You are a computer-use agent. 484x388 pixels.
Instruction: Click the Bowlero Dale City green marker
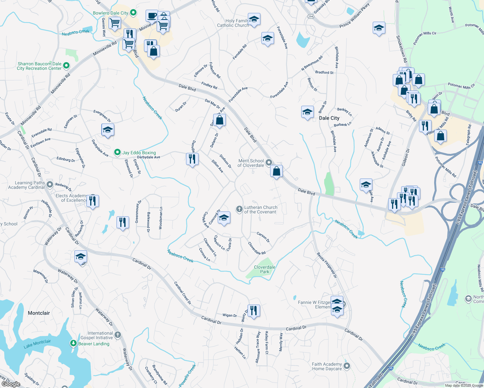(x=133, y=13)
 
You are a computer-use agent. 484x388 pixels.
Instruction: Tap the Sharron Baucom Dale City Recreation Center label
(x=39, y=66)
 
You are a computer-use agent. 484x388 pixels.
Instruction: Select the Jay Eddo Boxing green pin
(x=117, y=152)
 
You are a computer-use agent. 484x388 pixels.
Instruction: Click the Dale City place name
(x=329, y=118)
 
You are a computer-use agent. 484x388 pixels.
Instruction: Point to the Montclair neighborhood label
(x=39, y=313)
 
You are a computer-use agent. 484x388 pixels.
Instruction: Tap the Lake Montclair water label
(x=37, y=344)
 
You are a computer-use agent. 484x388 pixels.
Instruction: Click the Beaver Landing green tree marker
(x=73, y=343)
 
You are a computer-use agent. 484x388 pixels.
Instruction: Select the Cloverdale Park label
(x=265, y=269)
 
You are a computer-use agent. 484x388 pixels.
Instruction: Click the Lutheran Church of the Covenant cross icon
(x=239, y=209)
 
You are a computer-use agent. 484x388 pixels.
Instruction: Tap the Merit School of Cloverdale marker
(x=269, y=162)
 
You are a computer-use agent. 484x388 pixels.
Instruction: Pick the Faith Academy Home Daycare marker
(x=347, y=366)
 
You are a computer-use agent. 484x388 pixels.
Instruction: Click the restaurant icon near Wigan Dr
(x=254, y=310)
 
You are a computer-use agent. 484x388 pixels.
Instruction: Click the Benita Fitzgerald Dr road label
(x=327, y=265)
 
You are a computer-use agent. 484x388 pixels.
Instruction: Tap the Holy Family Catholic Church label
(x=233, y=23)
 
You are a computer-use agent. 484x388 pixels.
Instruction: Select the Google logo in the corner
(x=11, y=384)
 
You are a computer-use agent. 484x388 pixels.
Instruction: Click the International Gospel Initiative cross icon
(x=118, y=335)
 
